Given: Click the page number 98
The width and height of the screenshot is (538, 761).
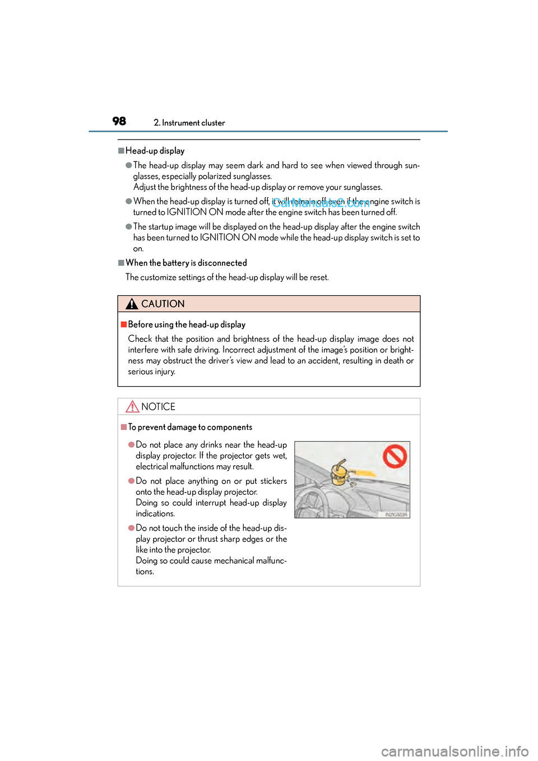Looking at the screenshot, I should pos(119,121).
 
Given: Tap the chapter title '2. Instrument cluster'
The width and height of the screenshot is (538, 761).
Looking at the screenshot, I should pos(189,123).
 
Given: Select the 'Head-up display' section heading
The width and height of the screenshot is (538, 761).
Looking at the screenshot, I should pos(155,151).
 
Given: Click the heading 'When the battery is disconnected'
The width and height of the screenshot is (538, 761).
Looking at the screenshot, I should pos(186,263).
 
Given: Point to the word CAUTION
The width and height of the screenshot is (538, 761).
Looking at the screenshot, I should pos(163,304).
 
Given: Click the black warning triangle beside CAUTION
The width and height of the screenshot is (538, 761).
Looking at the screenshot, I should pos(132,304).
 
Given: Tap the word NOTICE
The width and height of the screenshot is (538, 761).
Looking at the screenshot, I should pos(158,407).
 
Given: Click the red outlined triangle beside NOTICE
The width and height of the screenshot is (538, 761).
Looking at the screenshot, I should pos(132,407).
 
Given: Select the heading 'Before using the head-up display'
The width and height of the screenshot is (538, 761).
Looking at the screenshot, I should pos(187,324).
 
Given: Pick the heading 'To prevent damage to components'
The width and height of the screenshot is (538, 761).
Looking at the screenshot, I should pos(190,427).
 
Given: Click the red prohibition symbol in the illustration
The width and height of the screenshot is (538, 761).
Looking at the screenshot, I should pos(395,456).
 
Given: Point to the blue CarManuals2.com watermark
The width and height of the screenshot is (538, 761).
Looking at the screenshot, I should pos(321,203).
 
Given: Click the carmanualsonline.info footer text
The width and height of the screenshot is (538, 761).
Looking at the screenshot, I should pos(454,751).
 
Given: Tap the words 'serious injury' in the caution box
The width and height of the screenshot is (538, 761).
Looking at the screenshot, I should pos(151,372).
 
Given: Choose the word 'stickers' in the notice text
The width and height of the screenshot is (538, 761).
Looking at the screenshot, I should pos(273,481).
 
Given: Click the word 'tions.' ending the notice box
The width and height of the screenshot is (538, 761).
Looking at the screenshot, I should pos(145,572).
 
